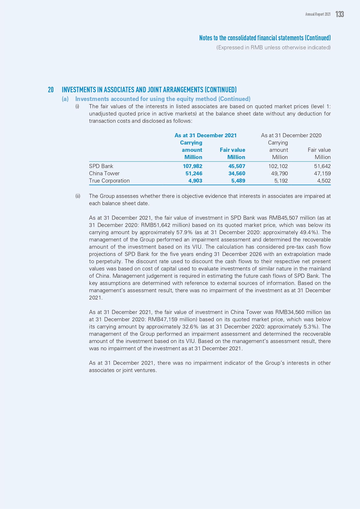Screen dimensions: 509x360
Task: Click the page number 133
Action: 339,14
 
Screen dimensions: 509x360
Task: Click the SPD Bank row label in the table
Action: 101,166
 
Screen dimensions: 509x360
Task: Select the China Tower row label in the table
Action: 104,174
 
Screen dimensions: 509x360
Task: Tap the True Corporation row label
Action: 109,181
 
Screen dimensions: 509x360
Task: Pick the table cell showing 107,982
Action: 192,166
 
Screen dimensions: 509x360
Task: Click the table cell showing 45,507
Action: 237,166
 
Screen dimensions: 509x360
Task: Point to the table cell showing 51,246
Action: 194,174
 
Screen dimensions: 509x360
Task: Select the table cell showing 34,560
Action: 237,174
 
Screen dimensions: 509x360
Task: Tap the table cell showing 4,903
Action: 195,181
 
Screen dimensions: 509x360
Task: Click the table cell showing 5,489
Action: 238,181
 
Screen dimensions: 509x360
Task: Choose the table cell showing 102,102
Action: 278,166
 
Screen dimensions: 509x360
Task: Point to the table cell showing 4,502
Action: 323,181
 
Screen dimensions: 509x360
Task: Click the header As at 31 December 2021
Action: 205,136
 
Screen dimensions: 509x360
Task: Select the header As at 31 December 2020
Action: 291,136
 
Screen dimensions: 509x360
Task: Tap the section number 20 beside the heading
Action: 51,90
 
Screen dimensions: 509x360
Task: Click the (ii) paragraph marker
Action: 78,196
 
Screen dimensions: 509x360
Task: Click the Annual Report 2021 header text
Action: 318,14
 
